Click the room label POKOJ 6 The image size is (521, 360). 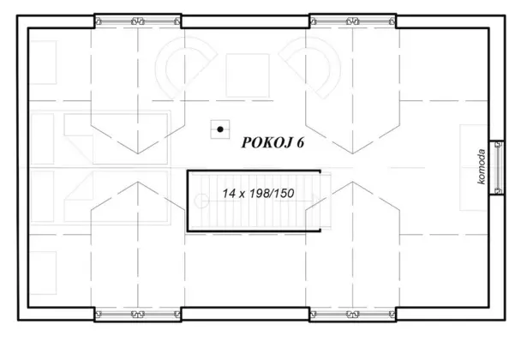tap(273, 142)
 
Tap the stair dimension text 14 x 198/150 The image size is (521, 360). tap(258, 194)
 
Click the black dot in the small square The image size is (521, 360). tap(221, 129)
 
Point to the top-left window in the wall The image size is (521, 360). tap(137, 18)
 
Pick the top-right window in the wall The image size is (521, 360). tap(353, 18)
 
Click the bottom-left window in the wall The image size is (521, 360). tap(137, 315)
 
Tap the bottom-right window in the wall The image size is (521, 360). tap(353, 315)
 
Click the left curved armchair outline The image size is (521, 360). tap(183, 69)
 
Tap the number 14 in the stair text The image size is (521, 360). tap(228, 194)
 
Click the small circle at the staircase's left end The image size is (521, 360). tap(202, 201)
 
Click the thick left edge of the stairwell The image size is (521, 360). tap(189, 200)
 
